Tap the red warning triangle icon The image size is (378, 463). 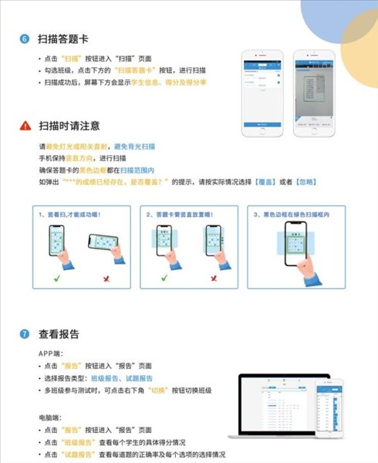[x=25, y=126]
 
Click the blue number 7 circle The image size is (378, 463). [x=24, y=335]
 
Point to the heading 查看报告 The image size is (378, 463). [x=62, y=335]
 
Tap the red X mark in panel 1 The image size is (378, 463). [x=105, y=277]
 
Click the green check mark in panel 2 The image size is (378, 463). [x=163, y=277]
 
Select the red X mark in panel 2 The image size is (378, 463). [x=211, y=277]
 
